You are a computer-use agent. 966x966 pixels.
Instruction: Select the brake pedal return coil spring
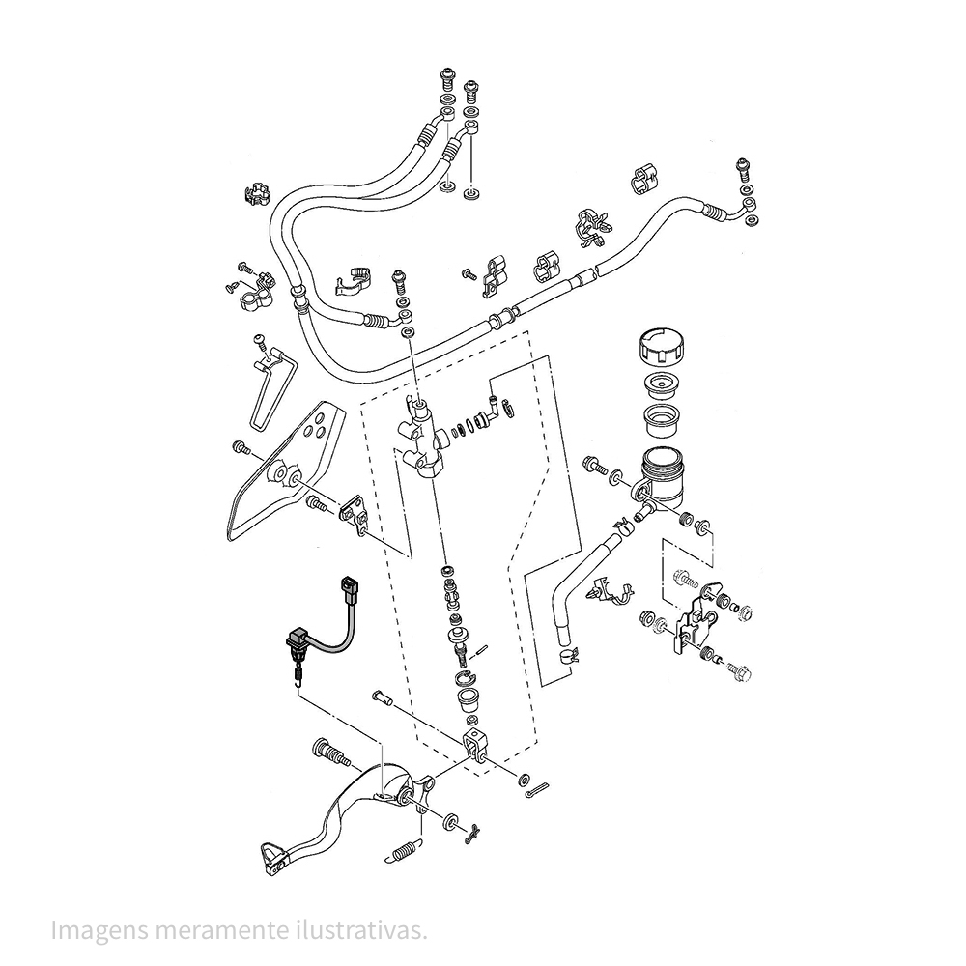click(407, 851)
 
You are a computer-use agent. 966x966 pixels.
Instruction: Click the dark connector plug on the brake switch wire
click(350, 591)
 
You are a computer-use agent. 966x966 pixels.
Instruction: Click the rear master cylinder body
click(421, 438)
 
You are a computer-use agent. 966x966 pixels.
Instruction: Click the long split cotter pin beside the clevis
click(538, 792)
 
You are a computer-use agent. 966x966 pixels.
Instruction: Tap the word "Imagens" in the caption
click(99, 929)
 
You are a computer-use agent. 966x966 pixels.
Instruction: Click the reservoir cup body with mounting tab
click(658, 479)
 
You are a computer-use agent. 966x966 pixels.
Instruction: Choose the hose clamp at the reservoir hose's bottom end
click(569, 654)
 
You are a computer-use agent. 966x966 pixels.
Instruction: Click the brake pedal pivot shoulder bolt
click(331, 753)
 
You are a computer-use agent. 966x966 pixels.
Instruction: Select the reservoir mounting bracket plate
click(696, 616)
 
